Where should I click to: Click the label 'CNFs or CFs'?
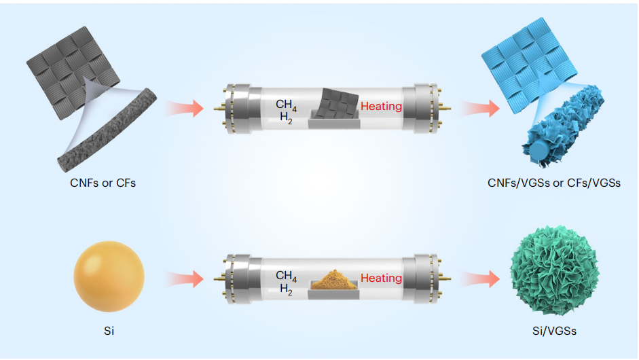click(103, 183)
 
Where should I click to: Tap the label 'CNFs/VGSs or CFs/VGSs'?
click(553, 183)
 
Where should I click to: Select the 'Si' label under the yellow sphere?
click(107, 331)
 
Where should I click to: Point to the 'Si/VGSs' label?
click(553, 331)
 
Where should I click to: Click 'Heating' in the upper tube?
click(381, 107)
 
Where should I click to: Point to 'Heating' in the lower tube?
click(381, 278)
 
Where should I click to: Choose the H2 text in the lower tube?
click(286, 288)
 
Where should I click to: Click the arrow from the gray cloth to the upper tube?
click(184, 107)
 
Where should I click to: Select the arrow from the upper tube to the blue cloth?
click(477, 107)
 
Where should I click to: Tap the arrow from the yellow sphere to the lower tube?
click(184, 278)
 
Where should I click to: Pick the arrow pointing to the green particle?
click(477, 278)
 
